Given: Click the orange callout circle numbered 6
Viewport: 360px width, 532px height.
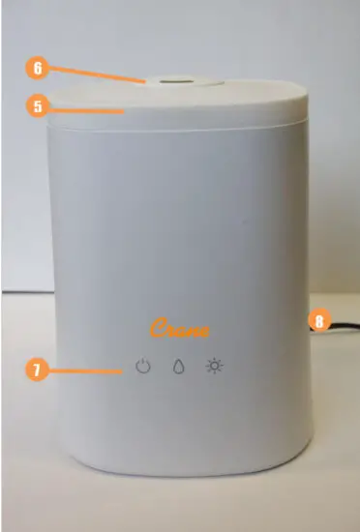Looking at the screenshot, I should click(38, 70).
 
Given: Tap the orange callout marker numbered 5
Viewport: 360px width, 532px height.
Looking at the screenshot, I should click(38, 107).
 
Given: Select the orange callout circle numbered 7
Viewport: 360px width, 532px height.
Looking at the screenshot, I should click(38, 369).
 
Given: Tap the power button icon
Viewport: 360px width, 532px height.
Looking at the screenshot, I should click(144, 368).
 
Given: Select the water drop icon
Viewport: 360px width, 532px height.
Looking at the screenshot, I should click(178, 368).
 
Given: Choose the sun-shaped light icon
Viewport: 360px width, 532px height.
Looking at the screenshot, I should click(213, 368).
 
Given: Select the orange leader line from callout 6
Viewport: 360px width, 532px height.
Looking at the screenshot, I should click(97, 76).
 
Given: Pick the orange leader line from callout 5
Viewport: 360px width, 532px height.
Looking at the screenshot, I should click(87, 109).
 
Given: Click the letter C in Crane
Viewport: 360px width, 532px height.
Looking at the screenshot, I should click(156, 328).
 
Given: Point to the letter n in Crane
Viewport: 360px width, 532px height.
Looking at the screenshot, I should click(193, 331).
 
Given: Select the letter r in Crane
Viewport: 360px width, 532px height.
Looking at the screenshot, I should click(168, 331).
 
